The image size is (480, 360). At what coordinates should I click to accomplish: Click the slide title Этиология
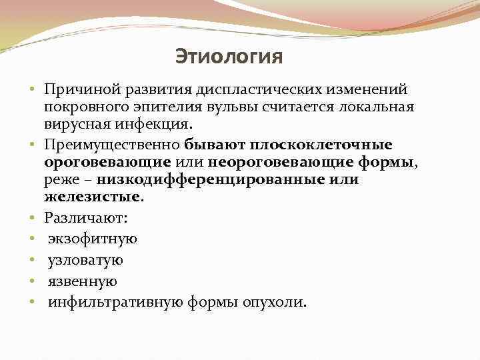[x=229, y=57]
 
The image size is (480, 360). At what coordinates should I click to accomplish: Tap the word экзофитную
[x=92, y=239]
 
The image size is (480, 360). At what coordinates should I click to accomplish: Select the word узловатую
[x=85, y=260]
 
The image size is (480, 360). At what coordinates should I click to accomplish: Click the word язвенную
[x=81, y=281]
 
